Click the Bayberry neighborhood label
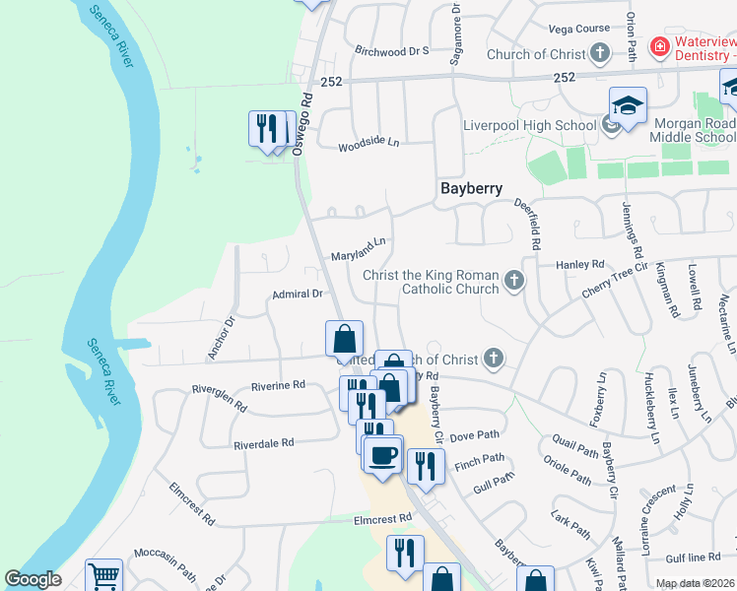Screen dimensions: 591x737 tap(471, 188)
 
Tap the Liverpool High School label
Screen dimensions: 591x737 tap(529, 125)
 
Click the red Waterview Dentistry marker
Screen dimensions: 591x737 tap(658, 46)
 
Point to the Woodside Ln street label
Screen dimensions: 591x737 tap(368, 144)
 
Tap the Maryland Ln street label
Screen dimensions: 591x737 tap(358, 247)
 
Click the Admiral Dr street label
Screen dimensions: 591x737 tap(298, 294)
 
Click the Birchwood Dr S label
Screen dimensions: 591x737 tap(391, 50)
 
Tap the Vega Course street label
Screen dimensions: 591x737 tap(578, 29)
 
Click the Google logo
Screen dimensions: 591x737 tap(33, 579)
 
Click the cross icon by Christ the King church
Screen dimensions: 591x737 tap(512, 282)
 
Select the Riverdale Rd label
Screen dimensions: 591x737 tap(263, 444)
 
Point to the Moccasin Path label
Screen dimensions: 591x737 tap(165, 555)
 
